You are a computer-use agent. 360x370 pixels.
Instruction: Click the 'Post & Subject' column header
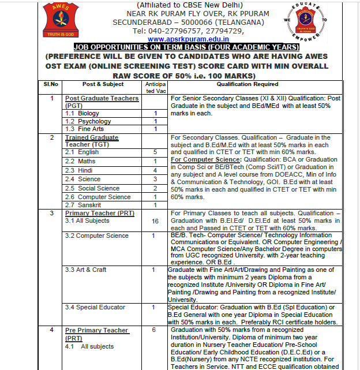pos(103,84)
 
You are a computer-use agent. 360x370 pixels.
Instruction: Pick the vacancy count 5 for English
pos(155,152)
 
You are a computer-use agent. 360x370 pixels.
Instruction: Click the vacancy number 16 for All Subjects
pos(155,221)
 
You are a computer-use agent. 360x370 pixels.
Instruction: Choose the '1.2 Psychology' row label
pos(88,121)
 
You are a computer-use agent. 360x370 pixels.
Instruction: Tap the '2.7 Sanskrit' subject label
pos(86,205)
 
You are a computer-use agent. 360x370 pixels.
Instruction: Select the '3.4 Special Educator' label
pos(95,307)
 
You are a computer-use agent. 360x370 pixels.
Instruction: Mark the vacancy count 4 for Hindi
pos(155,171)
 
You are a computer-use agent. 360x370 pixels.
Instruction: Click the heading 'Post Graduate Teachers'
pos(102,98)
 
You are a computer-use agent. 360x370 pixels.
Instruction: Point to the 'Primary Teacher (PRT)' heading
pos(100,213)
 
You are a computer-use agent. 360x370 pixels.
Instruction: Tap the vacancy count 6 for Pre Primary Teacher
pos(154,330)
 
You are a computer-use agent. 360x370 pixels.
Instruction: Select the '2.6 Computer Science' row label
pos(97,197)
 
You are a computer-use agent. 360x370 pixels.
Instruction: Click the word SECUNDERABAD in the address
pos(147,22)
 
